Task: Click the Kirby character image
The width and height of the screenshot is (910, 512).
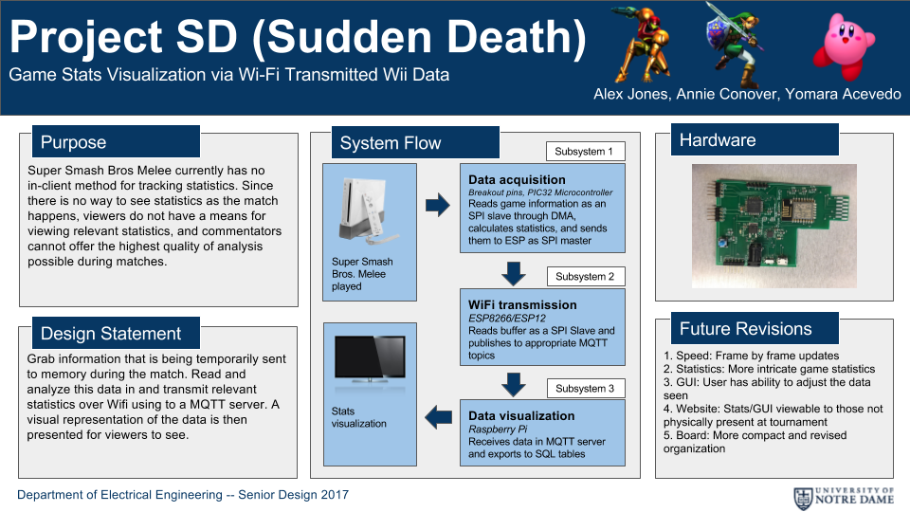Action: [844, 46]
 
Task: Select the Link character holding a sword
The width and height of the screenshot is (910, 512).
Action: [733, 46]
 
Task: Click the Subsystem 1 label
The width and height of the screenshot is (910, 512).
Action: [585, 152]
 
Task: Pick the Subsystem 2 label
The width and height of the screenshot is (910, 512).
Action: [586, 276]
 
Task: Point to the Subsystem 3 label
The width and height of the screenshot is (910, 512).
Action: [586, 389]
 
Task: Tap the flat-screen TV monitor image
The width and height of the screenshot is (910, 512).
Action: [370, 360]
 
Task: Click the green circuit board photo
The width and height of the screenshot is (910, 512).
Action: [774, 226]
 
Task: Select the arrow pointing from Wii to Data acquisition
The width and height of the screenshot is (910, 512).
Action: [438, 205]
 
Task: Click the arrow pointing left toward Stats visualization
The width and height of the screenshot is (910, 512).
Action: [438, 417]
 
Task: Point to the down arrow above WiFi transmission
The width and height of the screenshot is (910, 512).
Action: [514, 273]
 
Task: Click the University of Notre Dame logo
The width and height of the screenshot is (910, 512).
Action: [844, 498]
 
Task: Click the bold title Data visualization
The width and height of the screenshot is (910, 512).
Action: [521, 415]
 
